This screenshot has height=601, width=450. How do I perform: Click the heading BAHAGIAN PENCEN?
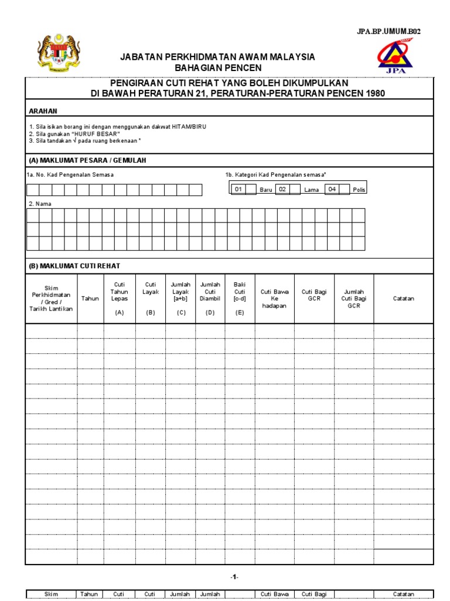[x=217, y=69]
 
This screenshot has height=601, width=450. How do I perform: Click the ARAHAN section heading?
[x=43, y=111]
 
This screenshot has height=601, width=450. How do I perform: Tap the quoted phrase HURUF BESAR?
[x=93, y=134]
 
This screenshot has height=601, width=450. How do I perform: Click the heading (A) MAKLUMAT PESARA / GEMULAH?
[x=87, y=160]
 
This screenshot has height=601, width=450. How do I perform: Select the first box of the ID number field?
[x=32, y=190]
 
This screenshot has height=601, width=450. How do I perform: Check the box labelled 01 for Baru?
[x=251, y=189]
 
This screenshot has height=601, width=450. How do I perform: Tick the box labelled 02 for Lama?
[x=295, y=189]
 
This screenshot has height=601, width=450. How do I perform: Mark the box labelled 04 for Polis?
[x=345, y=189]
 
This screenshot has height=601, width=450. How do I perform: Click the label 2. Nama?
[x=40, y=203]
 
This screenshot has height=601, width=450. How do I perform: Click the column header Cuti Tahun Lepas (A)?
[x=120, y=298]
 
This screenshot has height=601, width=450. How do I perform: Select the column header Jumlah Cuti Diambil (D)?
[x=210, y=298]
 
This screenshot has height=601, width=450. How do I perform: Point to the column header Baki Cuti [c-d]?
[x=240, y=298]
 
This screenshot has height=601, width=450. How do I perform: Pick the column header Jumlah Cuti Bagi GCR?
[x=354, y=298]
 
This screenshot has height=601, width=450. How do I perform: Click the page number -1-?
[x=234, y=577]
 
